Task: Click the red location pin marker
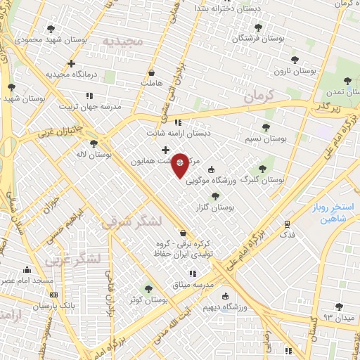(x=181, y=164)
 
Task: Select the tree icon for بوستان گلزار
(x=215, y=196)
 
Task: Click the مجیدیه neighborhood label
(x=123, y=41)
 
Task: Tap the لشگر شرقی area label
(x=132, y=223)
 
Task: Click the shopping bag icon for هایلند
(x=151, y=72)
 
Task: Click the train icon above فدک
(x=287, y=224)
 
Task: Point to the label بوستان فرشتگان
(x=261, y=38)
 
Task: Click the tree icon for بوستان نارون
(x=295, y=60)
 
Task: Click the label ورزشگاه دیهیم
(x=225, y=307)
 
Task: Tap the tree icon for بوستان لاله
(x=94, y=143)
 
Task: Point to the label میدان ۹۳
(x=337, y=318)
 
